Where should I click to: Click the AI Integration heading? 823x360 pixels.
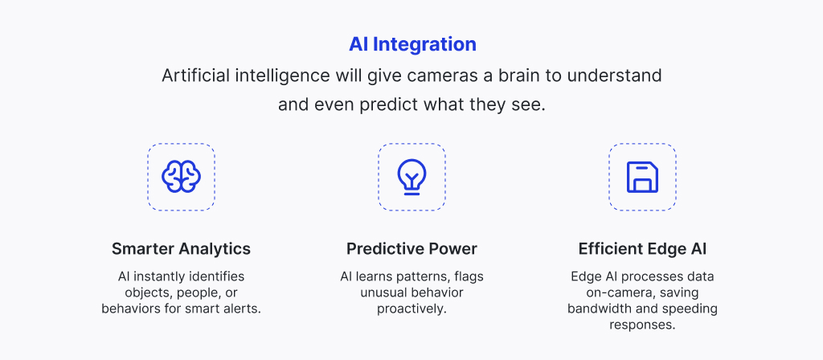(412, 45)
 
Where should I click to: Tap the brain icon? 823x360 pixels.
(181, 177)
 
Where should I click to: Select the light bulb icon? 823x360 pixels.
(412, 177)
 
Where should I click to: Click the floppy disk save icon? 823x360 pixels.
(642, 177)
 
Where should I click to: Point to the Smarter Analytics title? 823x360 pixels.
(181, 249)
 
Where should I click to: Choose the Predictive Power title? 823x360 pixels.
(412, 249)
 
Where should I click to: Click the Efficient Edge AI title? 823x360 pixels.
(642, 249)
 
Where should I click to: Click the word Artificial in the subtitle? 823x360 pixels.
(194, 76)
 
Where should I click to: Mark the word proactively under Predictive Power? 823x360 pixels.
(412, 309)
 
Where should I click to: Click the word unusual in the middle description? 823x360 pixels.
(382, 292)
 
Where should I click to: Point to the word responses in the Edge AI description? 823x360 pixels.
(642, 325)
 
